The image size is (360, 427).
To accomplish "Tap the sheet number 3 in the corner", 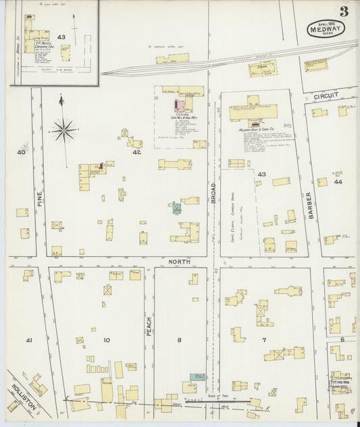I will click(344, 11).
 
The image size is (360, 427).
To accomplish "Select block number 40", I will click(21, 153).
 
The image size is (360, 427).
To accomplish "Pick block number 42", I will click(136, 153).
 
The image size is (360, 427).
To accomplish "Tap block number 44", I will click(337, 182).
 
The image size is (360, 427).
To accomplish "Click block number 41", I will click(28, 340).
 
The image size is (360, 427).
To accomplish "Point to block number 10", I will click(106, 340).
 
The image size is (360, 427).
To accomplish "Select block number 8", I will click(180, 340).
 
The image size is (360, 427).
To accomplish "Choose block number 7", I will click(264, 340).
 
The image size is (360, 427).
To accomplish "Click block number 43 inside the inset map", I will click(61, 37).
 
